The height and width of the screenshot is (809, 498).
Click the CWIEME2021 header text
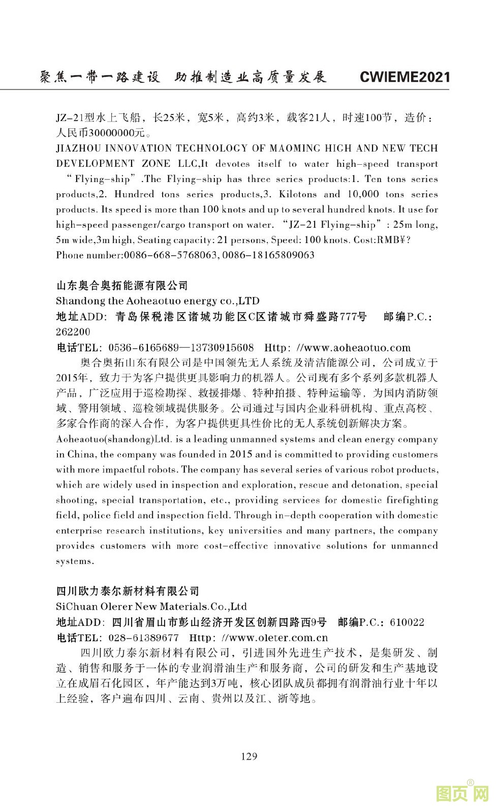(404, 77)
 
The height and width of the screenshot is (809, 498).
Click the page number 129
(248, 756)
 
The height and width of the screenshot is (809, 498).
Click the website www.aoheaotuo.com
(353, 348)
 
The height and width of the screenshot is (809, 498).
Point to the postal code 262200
(73, 332)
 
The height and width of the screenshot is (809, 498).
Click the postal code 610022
(407, 622)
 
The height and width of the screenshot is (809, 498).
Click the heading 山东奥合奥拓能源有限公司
(122, 285)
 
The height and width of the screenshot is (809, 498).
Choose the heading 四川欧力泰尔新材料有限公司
(128, 591)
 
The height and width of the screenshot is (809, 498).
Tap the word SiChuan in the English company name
(75, 607)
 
